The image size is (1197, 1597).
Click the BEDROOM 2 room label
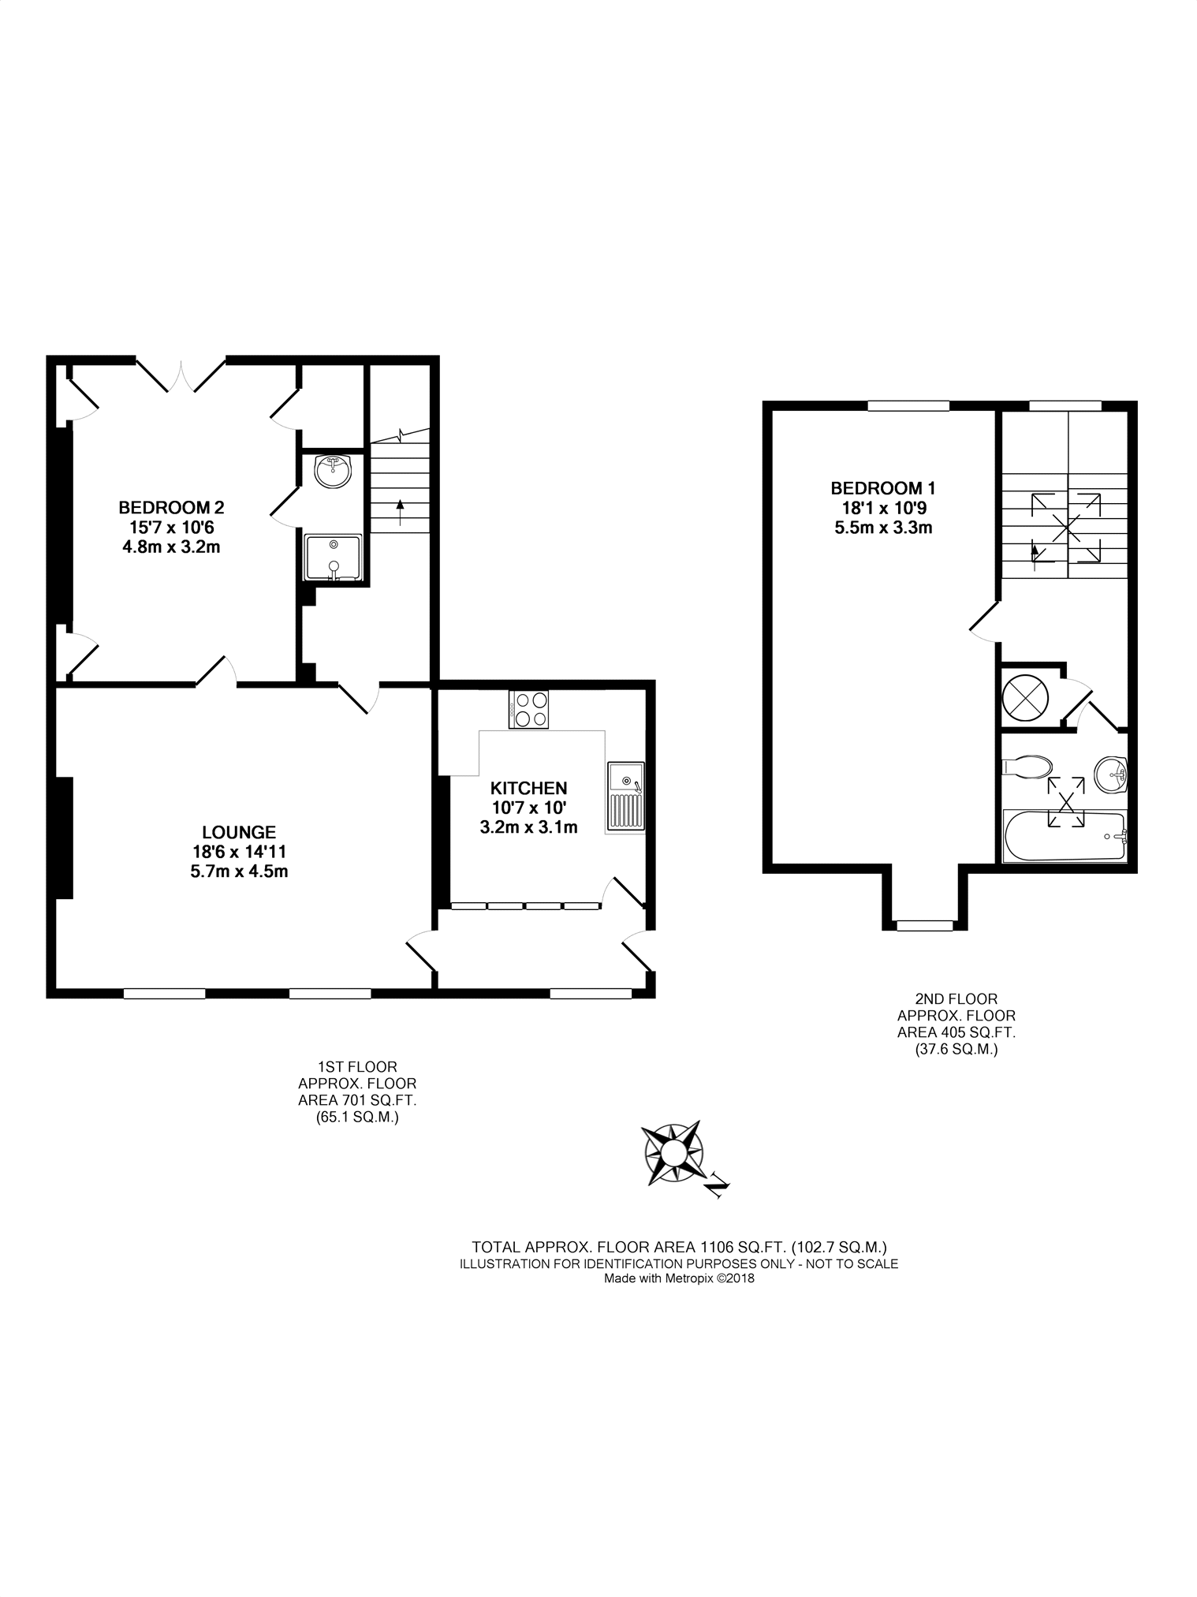(171, 507)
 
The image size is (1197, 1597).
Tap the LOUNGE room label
(239, 832)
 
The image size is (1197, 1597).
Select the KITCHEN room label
(528, 788)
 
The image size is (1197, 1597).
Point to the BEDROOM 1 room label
(883, 488)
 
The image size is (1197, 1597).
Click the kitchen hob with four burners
(528, 709)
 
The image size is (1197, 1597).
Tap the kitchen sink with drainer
(626, 797)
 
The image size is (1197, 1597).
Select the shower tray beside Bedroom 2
(333, 559)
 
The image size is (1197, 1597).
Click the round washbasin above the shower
(333, 472)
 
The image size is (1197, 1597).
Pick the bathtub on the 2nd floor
(1065, 836)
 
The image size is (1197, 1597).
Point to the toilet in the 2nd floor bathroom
(1027, 767)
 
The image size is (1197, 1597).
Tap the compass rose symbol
(673, 1153)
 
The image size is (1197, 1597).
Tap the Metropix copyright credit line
(679, 1278)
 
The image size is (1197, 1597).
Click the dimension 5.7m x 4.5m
(239, 871)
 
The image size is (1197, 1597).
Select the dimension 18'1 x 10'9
(883, 508)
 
